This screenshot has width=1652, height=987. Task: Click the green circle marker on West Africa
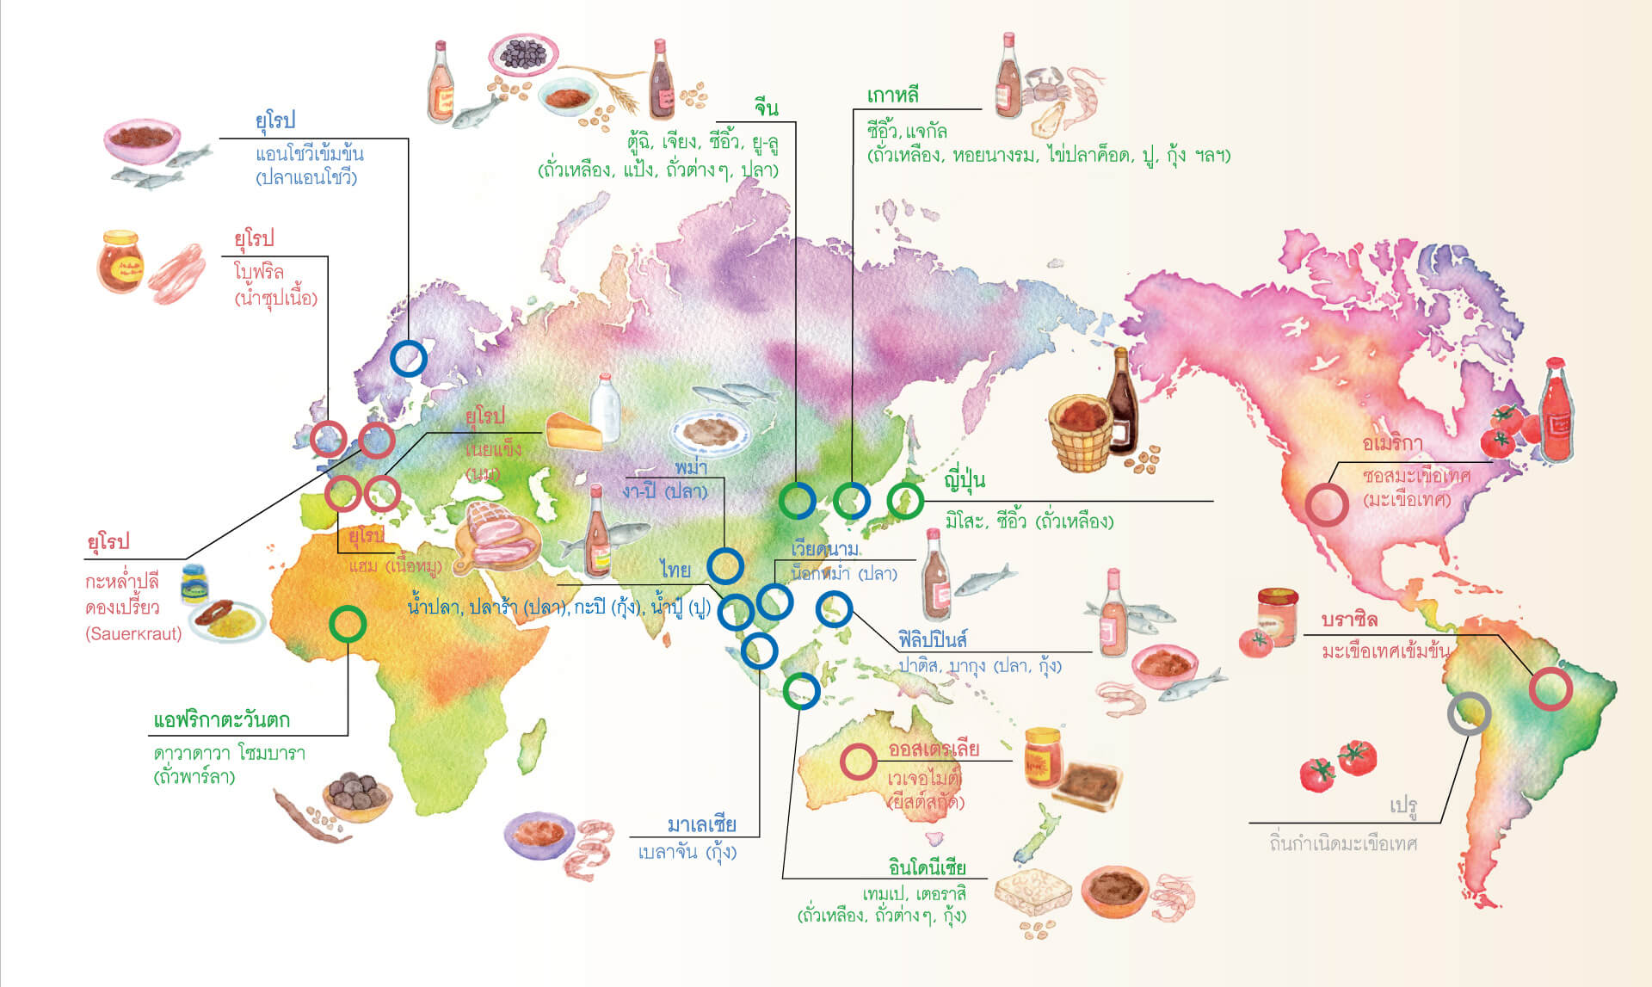coord(348,624)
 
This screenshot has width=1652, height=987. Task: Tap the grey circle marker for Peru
coord(1469,713)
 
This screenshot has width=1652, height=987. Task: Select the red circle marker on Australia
coord(858,762)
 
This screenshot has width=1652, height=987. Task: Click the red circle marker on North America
coord(1326,505)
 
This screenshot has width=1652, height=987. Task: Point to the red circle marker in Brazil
coord(1550,688)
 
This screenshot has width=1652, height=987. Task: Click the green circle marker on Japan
coord(905,500)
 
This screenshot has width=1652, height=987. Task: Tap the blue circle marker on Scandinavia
coord(409,358)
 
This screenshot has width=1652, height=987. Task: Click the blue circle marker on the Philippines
coord(833,609)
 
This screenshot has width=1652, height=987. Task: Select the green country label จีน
coord(766,108)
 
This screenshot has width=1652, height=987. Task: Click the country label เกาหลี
coord(892,95)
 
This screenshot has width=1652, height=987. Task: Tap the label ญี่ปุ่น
coord(965,479)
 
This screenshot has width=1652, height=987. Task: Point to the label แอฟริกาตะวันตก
coord(221,720)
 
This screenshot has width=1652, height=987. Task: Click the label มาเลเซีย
coord(702,824)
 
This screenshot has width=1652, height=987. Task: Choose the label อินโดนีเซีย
coord(927,867)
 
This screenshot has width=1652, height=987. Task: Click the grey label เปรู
coord(1403,805)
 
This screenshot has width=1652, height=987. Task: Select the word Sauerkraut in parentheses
coord(134,634)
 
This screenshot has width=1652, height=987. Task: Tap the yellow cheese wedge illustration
coord(572,431)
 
